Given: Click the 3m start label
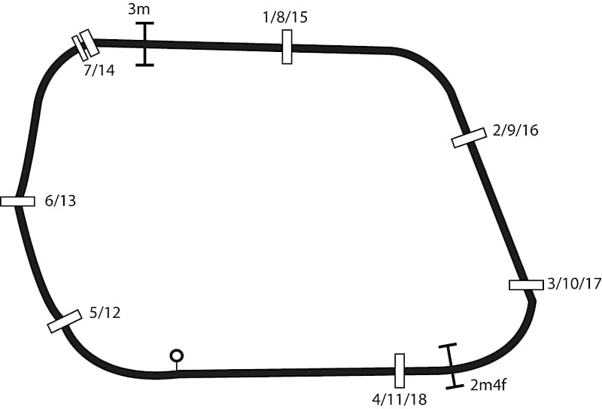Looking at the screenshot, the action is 138,9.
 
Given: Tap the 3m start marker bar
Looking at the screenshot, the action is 144,44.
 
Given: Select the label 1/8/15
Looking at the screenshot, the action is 285,17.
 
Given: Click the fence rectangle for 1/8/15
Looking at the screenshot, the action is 287,47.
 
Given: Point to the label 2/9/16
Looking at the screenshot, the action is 515,131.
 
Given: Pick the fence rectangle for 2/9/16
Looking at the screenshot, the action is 469,138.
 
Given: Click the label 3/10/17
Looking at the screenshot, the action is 574,284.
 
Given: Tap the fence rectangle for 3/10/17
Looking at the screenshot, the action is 526,285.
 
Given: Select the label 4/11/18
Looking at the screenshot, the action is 400,399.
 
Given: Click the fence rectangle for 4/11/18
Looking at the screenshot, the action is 400,371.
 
